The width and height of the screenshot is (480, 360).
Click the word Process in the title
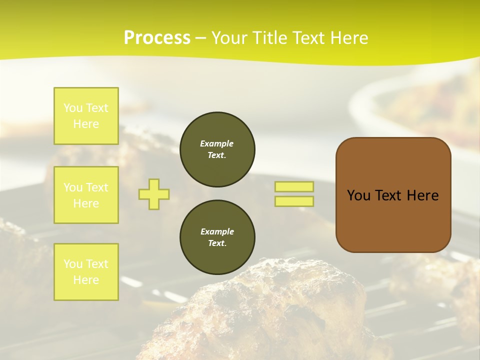pyautogui.click(x=157, y=38)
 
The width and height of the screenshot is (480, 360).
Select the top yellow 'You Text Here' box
pyautogui.click(x=86, y=116)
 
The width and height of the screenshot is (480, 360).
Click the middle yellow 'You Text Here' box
pyautogui.click(x=86, y=195)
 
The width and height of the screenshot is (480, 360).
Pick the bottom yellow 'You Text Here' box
pyautogui.click(x=86, y=271)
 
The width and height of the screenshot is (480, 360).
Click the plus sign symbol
pyautogui.click(x=154, y=194)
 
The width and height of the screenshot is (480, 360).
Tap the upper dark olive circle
pyautogui.click(x=217, y=149)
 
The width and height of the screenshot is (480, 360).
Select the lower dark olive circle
pyautogui.click(x=217, y=237)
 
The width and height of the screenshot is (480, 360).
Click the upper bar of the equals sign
pyautogui.click(x=294, y=186)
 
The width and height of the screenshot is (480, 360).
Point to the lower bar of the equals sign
pyautogui.click(x=294, y=201)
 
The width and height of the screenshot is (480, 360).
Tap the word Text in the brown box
pyautogui.click(x=388, y=195)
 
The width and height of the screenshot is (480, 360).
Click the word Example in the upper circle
pyautogui.click(x=217, y=143)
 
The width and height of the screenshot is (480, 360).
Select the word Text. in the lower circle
pyautogui.click(x=217, y=243)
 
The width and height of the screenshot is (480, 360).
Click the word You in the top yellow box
pyautogui.click(x=72, y=108)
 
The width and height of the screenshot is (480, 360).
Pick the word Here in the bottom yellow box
pyautogui.click(x=86, y=280)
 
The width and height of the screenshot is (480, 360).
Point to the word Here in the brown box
pyautogui.click(x=422, y=195)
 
